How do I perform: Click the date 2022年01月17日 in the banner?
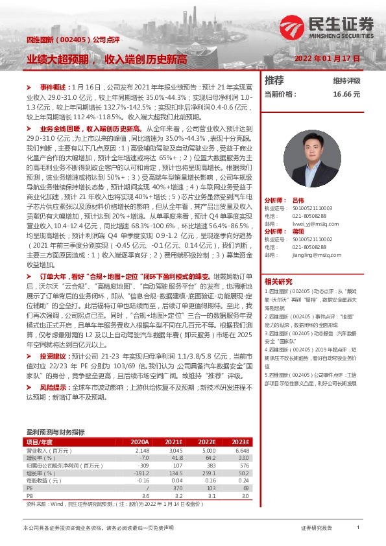click(x=327, y=58)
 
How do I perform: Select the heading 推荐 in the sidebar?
click(x=274, y=80)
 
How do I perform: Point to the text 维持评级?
click(x=346, y=81)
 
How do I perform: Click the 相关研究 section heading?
click(x=279, y=281)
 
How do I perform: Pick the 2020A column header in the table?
click(x=140, y=441)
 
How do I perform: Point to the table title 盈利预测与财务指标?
click(x=55, y=431)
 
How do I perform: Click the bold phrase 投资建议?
click(x=52, y=356)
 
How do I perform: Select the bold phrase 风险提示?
click(x=52, y=386)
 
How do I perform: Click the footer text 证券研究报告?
click(x=317, y=528)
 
